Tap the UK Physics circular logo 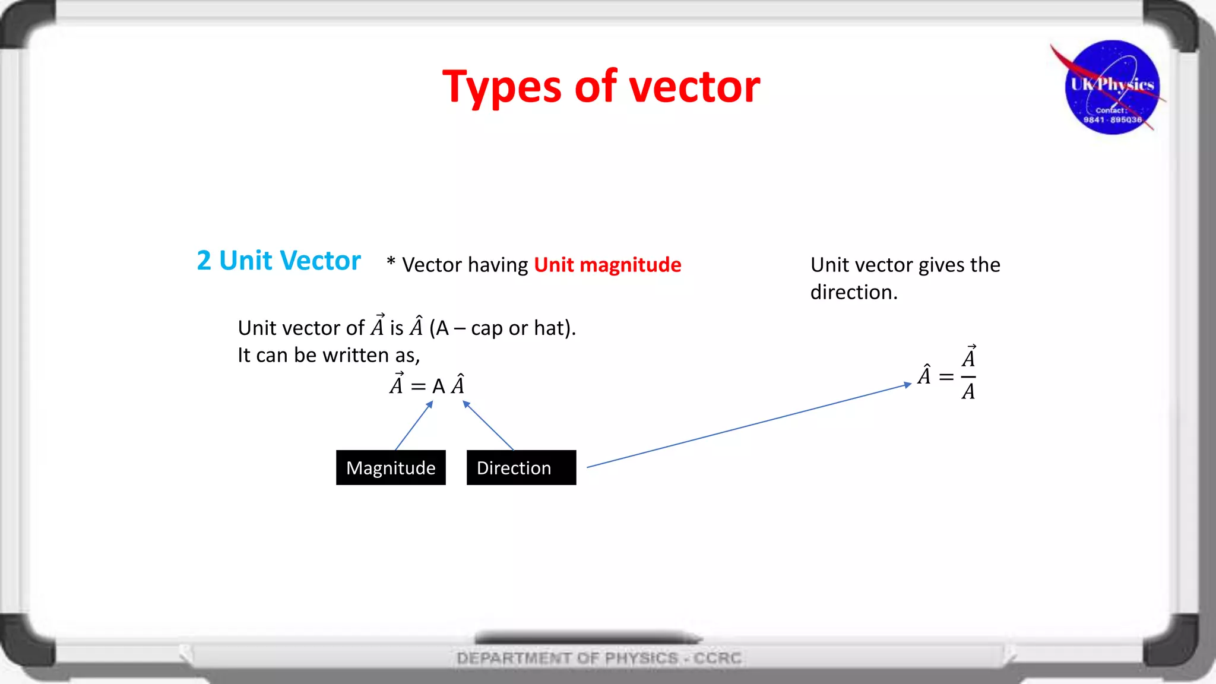click(x=1111, y=87)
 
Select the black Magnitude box click(x=391, y=468)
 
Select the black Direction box click(x=521, y=468)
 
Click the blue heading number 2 click(x=204, y=261)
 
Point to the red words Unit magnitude click(x=607, y=265)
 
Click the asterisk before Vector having click(x=391, y=262)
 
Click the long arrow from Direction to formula click(x=748, y=426)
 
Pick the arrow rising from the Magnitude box click(x=414, y=426)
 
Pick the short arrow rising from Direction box click(x=488, y=425)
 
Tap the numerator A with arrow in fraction click(x=968, y=357)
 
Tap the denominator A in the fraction click(x=968, y=392)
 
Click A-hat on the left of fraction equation click(x=924, y=375)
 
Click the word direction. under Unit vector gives click(x=853, y=292)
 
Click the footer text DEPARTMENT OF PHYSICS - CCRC click(x=599, y=658)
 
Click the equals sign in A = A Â click(x=418, y=387)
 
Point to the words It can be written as click(x=328, y=355)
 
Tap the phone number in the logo click(x=1112, y=120)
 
